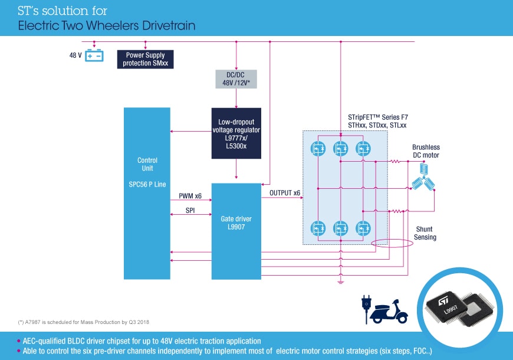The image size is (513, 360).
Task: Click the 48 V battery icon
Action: click(94, 56)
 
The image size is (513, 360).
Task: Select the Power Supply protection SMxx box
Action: click(145, 59)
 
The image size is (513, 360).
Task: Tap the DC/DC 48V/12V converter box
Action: click(236, 79)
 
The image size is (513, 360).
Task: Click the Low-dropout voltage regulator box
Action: click(236, 133)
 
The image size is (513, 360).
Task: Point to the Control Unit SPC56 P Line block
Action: click(147, 193)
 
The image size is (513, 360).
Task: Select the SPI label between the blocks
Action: click(190, 211)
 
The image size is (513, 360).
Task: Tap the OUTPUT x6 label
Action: click(285, 193)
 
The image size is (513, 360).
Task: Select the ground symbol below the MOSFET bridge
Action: click(340, 282)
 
